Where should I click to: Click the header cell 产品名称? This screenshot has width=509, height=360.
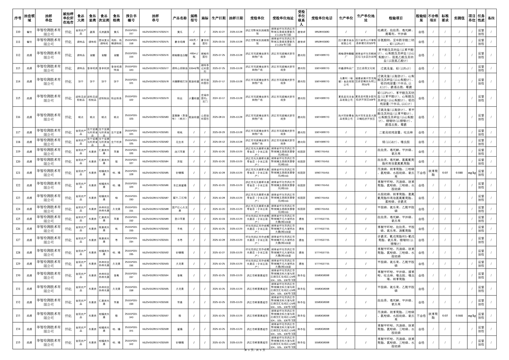point(180,18)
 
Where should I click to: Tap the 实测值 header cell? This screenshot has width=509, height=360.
point(459,18)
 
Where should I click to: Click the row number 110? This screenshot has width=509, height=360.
point(18,32)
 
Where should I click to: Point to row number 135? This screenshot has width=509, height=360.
point(18,343)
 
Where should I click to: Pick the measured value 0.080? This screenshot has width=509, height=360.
point(459,173)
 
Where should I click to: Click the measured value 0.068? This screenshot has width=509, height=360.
point(459,316)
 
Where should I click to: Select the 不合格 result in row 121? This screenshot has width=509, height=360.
point(421,173)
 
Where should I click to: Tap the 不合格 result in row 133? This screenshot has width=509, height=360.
point(421,316)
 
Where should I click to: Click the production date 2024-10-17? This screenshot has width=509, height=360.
point(219,98)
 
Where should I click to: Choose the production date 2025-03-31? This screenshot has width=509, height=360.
point(219,41)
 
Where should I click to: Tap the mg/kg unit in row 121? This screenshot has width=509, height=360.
point(472,173)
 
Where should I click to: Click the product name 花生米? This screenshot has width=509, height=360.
point(180,142)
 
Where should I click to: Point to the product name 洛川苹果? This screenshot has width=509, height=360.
point(180,152)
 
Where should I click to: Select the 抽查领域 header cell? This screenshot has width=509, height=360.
point(29,18)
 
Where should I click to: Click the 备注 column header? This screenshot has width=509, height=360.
point(491,18)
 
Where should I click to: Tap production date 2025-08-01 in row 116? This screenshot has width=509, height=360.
point(219,117)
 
